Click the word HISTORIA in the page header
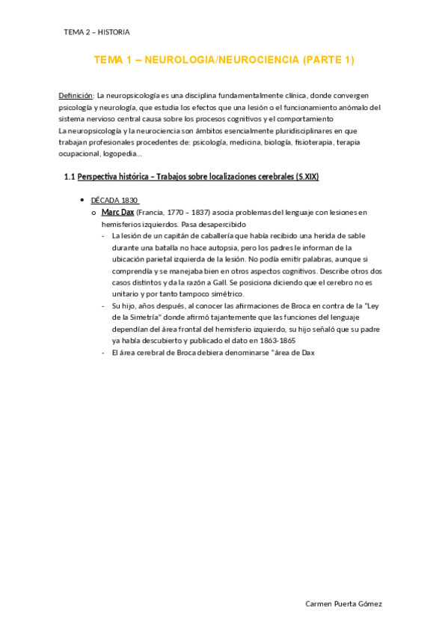click(113, 32)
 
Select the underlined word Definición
click(76, 96)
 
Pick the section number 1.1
click(70, 177)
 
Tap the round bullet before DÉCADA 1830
click(82, 201)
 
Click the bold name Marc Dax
click(117, 212)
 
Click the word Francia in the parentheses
click(153, 212)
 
